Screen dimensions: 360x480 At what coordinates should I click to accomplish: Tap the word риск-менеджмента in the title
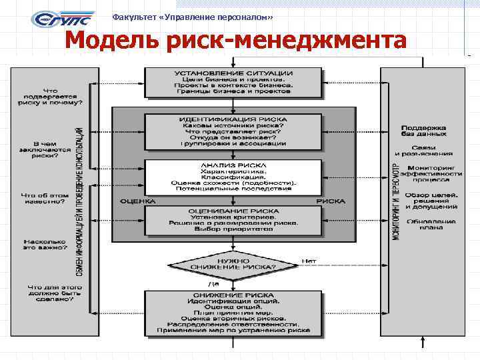pyautogui.click(x=285, y=41)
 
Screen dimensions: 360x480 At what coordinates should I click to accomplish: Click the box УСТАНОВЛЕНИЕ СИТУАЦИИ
pyautogui.click(x=233, y=81)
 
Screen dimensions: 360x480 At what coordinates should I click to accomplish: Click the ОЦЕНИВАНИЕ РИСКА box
pyautogui.click(x=233, y=219)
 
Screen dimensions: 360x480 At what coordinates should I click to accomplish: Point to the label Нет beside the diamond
pyautogui.click(x=309, y=261)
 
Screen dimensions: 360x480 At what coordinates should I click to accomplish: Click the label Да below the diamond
pyautogui.click(x=233, y=285)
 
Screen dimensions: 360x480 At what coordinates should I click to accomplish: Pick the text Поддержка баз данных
pyautogui.click(x=429, y=130)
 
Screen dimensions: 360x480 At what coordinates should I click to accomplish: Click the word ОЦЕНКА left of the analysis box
pyautogui.click(x=138, y=201)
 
